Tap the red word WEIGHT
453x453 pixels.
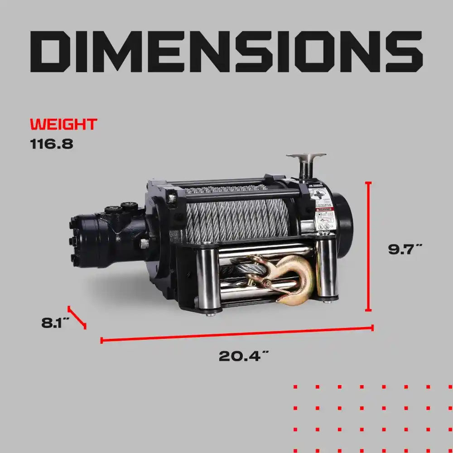tap(63, 124)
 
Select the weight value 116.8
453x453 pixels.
tap(52, 145)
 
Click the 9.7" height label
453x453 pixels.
tap(405, 249)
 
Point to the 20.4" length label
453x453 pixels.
tap(241, 356)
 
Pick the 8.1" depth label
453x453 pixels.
tap(55, 323)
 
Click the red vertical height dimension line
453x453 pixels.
tap(368, 247)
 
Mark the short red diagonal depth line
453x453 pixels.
tap(77, 317)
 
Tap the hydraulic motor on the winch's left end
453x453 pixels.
tap(106, 236)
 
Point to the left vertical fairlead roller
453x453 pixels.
tap(209, 276)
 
